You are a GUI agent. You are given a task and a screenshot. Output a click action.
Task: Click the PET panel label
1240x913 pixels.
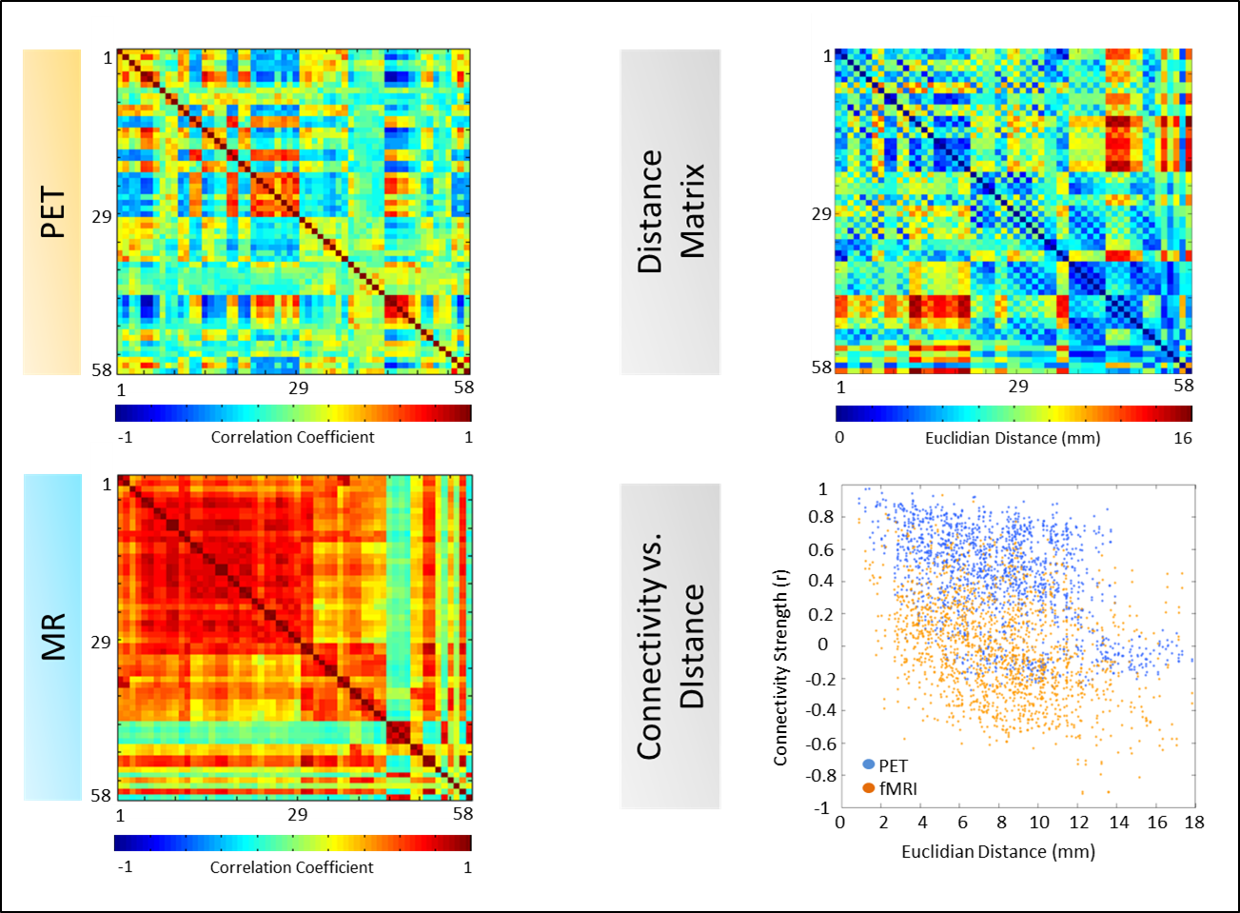pos(52,212)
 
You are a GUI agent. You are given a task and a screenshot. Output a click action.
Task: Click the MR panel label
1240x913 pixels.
pos(52,637)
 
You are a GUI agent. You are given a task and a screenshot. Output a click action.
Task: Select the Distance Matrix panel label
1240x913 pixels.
pos(670,211)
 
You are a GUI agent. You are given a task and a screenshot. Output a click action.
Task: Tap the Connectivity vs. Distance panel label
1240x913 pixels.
pos(670,646)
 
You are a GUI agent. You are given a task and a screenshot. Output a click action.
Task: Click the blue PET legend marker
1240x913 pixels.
pos(868,764)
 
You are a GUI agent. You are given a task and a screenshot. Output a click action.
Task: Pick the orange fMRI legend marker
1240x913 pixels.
pos(868,788)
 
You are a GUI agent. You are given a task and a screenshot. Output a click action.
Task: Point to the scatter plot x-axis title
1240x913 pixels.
pos(998,851)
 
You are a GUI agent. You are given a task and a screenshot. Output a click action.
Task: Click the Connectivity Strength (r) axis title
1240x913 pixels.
pos(780,667)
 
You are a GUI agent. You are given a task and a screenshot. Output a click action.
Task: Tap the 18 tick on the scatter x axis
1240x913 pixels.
pos(1194,823)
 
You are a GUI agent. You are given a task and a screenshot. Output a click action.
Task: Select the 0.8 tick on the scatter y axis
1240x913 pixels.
pos(819,517)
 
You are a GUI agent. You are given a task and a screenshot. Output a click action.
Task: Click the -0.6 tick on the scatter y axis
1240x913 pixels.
pos(817,743)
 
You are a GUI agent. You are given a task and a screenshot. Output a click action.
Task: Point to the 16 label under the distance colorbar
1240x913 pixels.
pos(1182,438)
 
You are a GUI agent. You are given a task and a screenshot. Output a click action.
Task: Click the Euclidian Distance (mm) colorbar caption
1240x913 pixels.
pos(1013,438)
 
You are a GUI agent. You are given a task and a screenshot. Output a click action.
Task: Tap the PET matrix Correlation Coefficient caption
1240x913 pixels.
pos(292,437)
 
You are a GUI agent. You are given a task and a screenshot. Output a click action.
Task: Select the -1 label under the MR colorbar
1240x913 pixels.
pos(125,867)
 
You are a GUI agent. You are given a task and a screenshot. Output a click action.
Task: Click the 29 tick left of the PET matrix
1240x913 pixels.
pos(102,216)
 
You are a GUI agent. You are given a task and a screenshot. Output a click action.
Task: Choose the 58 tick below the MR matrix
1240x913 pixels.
pos(463,814)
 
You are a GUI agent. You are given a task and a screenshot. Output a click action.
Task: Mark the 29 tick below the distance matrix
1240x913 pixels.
pos(1018,386)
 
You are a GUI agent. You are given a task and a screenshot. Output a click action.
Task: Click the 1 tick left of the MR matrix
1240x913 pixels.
pos(108,485)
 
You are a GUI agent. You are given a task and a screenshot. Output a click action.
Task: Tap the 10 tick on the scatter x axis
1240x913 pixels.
pos(1039,823)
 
